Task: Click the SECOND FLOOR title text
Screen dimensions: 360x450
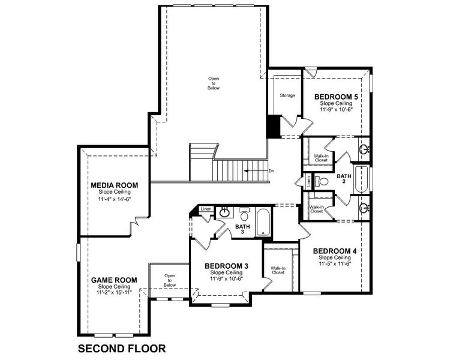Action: [121, 347]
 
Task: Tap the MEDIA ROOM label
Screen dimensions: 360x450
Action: [115, 185]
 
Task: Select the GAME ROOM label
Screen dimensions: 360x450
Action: [114, 280]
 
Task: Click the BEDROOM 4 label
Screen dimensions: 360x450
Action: [335, 251]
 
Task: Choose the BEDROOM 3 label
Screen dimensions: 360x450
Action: [226, 266]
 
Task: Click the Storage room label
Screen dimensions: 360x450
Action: [287, 95]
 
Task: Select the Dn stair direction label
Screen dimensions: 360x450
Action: [271, 171]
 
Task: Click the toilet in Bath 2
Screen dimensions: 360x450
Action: [323, 180]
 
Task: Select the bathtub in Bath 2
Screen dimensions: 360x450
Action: [362, 179]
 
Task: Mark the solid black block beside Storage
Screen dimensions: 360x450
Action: [272, 126]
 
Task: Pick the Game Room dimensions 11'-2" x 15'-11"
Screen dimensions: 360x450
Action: [114, 293]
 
